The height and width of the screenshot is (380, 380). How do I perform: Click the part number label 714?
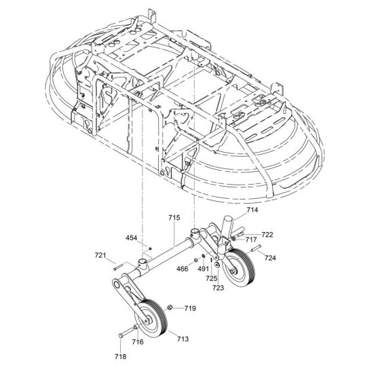click(252, 210)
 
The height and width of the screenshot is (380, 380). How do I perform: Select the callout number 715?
click(174, 218)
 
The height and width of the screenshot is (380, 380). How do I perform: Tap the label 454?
click(132, 238)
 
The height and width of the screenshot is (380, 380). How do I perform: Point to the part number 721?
click(100, 255)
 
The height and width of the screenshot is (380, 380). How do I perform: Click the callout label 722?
click(267, 235)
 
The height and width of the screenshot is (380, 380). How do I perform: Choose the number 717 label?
click(251, 240)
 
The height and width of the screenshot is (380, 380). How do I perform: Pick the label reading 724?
click(270, 258)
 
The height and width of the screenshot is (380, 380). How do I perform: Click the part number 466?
click(183, 269)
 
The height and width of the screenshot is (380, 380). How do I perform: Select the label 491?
click(203, 269)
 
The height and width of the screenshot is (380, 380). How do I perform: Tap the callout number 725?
click(212, 278)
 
